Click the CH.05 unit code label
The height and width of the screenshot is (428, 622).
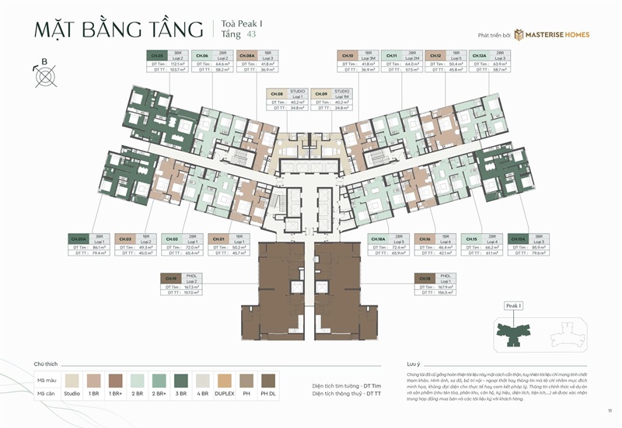[156, 56]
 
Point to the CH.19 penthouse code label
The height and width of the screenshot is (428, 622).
[172, 277]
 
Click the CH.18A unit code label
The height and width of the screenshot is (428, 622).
[379, 239]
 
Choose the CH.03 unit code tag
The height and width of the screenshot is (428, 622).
[124, 239]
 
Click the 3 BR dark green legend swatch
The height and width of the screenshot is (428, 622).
[180, 380]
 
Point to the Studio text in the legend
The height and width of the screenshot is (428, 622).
[72, 394]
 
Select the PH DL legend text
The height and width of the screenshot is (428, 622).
[267, 394]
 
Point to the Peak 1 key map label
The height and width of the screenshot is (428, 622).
[514, 306]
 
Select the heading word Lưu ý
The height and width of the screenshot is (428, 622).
[414, 364]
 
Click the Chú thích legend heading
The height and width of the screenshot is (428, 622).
[47, 364]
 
